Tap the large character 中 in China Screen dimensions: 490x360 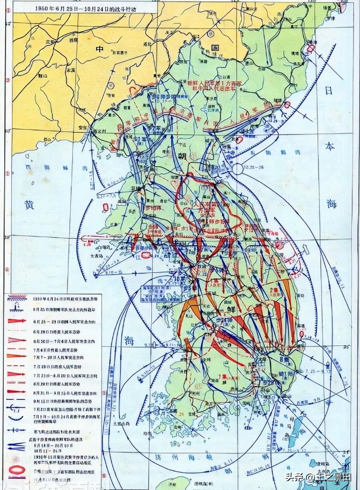point(100,49)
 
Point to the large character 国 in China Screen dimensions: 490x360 point(215,48)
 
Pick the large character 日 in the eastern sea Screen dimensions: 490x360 point(329,90)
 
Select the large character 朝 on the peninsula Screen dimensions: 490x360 point(183,156)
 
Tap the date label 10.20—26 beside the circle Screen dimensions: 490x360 point(254,167)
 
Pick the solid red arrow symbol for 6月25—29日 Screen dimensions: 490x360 point(17,321)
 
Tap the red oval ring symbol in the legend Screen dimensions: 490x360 point(16,470)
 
